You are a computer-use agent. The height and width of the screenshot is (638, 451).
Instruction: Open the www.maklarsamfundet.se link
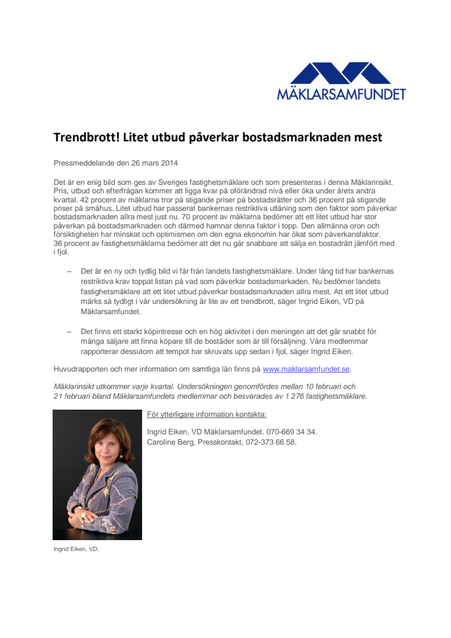[x=307, y=369]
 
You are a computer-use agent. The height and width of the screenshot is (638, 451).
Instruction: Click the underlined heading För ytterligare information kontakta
[x=207, y=414]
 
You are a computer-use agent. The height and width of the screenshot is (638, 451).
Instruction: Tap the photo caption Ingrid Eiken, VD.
[x=76, y=550]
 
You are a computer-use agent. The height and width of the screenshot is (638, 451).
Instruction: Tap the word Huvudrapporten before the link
[x=81, y=369]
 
